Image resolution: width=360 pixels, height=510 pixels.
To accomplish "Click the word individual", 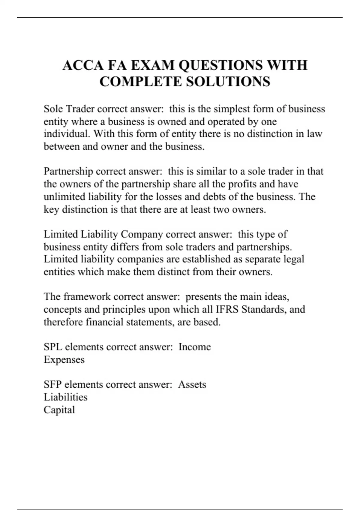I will [67, 133].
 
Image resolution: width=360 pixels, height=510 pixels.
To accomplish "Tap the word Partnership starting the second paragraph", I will [68, 171].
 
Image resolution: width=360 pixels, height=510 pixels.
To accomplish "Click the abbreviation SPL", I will [53, 347].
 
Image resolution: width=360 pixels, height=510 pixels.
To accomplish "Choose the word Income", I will [195, 347].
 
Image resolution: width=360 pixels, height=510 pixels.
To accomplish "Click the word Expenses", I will [64, 360].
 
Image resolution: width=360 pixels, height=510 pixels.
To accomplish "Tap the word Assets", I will [192, 385].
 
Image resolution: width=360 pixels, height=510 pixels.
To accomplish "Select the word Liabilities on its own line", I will [65, 397].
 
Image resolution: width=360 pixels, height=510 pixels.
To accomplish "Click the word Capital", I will [59, 410].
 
